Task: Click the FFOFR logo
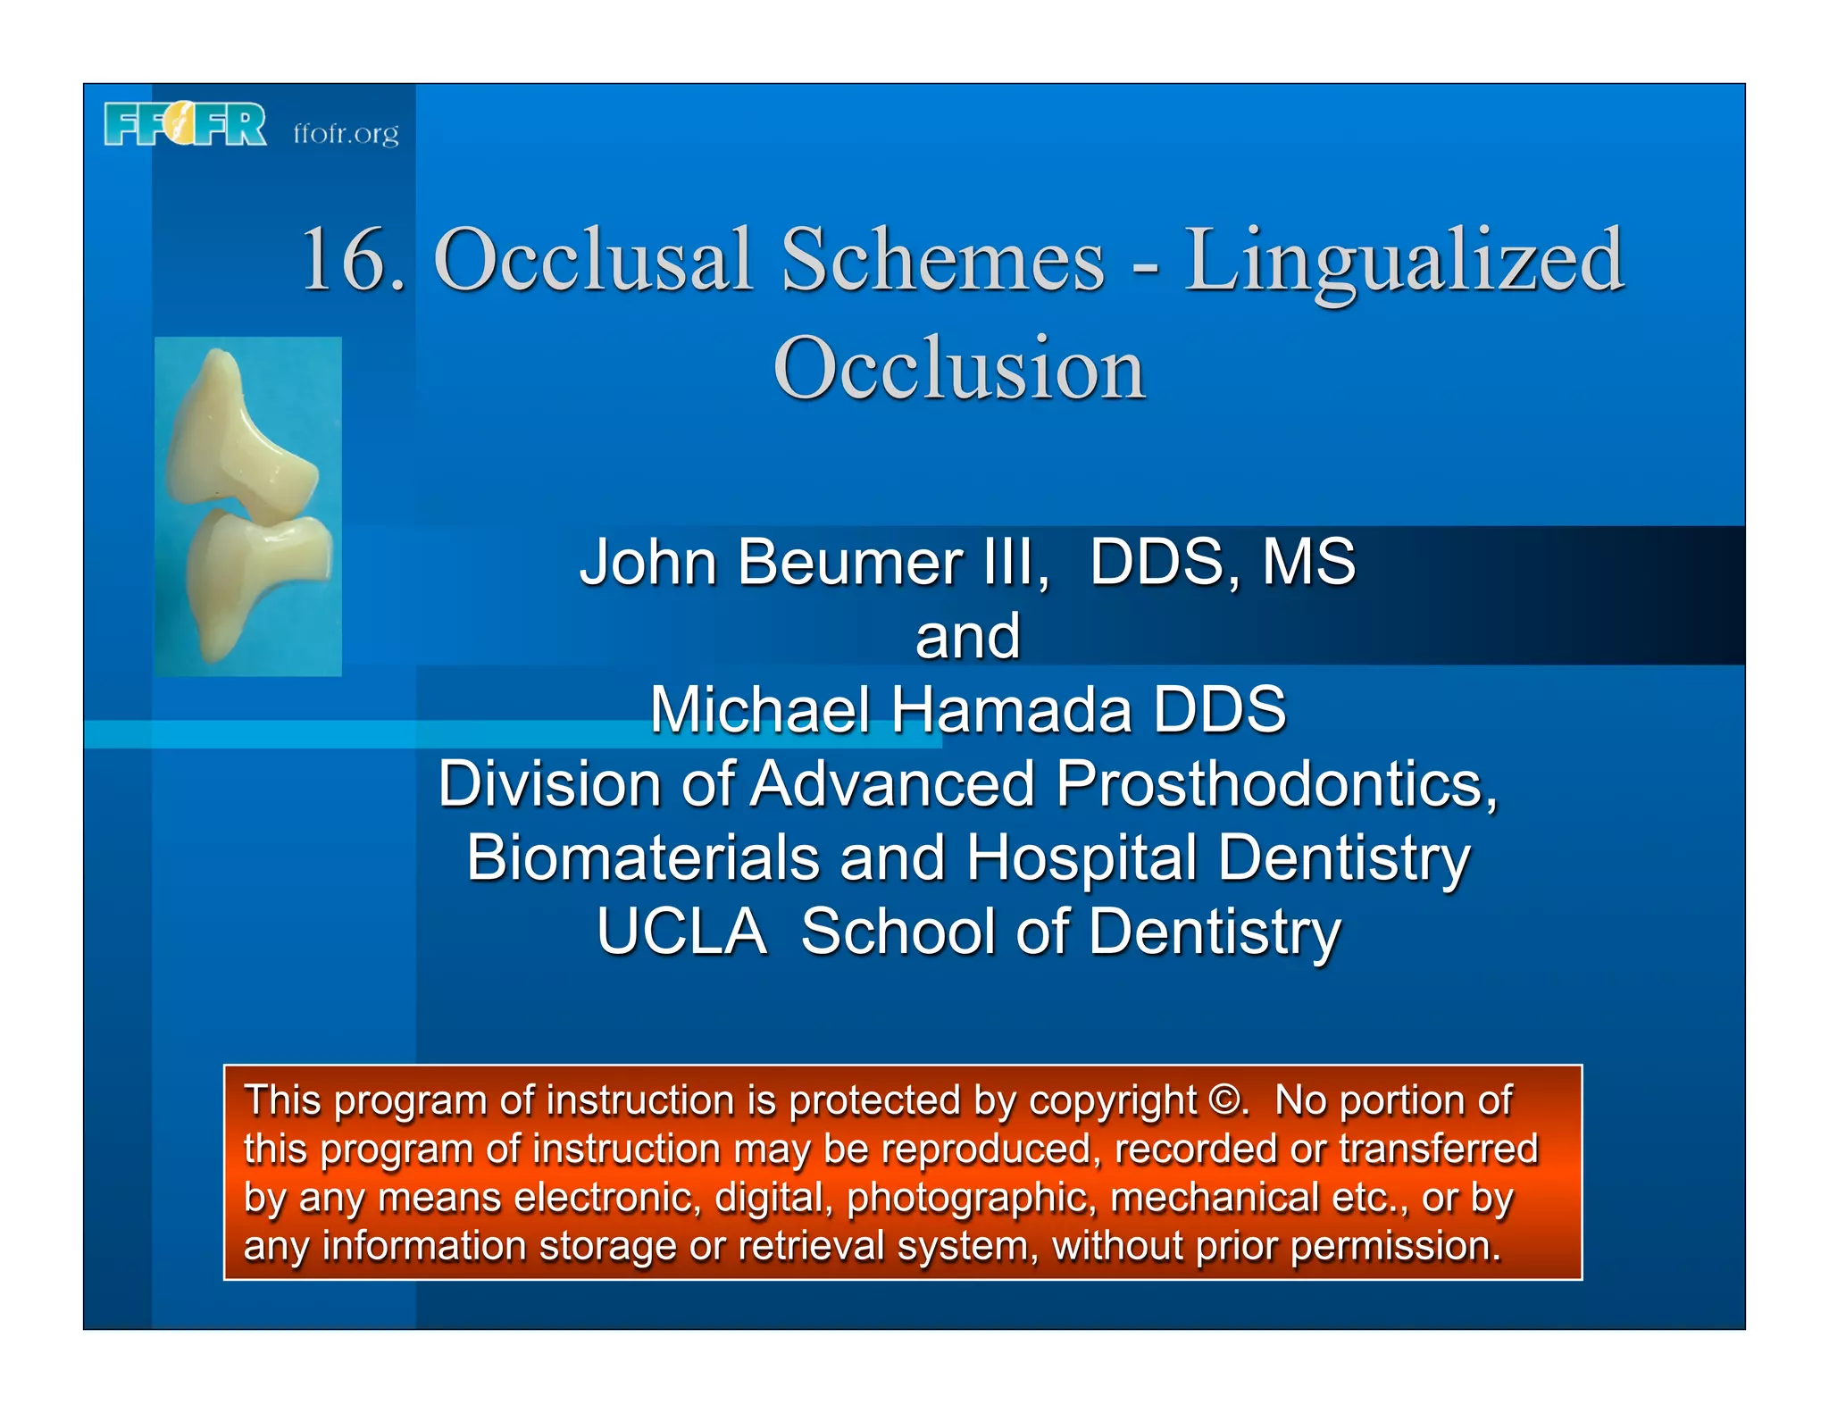(x=185, y=124)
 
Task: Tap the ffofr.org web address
(x=346, y=133)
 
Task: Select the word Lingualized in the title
(x=1404, y=261)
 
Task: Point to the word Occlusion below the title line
(x=959, y=368)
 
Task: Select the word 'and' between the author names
(x=967, y=637)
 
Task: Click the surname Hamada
(x=1011, y=710)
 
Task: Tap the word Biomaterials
(x=642, y=857)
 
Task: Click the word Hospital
(x=1081, y=857)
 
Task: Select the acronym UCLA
(x=681, y=932)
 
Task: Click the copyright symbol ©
(x=1224, y=1100)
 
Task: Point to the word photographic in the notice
(x=970, y=1199)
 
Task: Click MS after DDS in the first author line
(x=1308, y=563)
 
